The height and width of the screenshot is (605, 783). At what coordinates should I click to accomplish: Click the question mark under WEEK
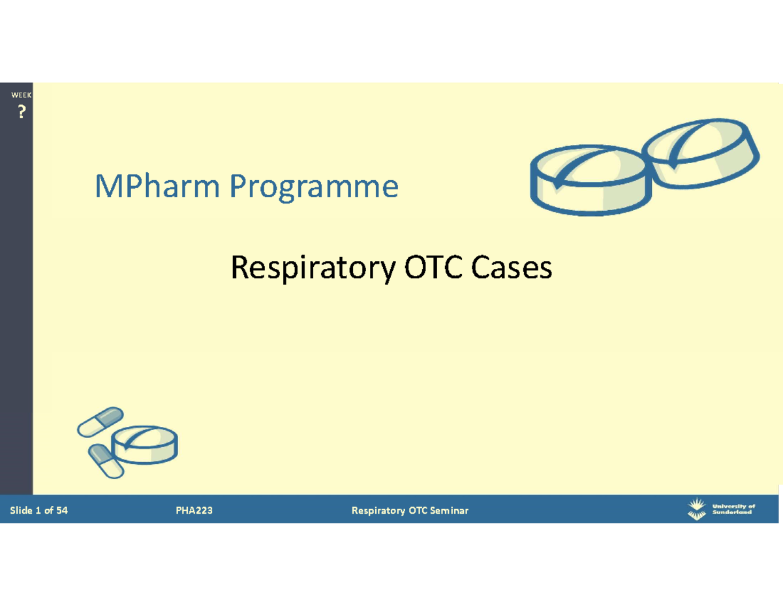(x=21, y=113)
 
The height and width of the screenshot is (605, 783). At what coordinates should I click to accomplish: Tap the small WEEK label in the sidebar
(x=21, y=97)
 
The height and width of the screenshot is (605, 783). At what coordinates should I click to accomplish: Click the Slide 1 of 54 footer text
(x=39, y=510)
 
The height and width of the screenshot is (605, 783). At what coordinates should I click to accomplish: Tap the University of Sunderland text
(x=733, y=509)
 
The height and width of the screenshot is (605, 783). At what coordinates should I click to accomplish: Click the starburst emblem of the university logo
(x=697, y=508)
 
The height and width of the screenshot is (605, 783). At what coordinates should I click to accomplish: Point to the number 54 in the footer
(x=61, y=510)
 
